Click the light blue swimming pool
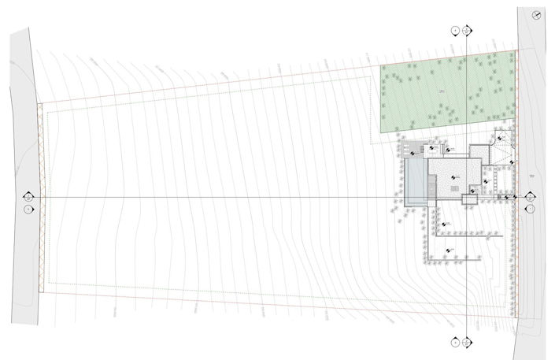tap(413, 179)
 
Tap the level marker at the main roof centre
tap(454, 178)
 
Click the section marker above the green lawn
tap(468, 30)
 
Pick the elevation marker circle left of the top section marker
tap(455, 30)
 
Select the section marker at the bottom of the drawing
tap(468, 343)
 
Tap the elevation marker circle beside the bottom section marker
tap(455, 343)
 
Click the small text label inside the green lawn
tap(443, 92)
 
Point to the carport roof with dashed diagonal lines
tap(501, 150)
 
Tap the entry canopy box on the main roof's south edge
tap(472, 191)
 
